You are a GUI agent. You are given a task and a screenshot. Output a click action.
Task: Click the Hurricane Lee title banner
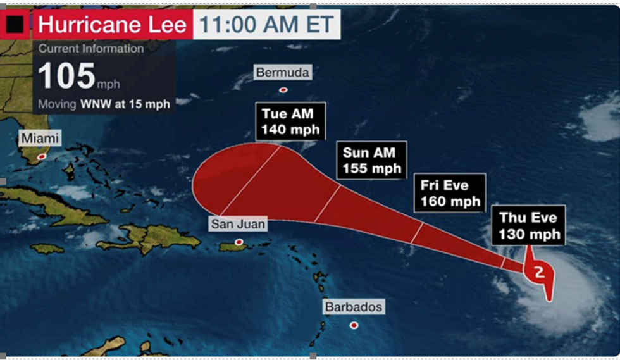[113, 25]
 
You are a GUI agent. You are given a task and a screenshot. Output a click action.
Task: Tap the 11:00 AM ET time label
[266, 25]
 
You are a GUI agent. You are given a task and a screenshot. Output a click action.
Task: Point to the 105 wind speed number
[66, 76]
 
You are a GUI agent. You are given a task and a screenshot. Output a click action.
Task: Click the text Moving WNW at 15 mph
[104, 104]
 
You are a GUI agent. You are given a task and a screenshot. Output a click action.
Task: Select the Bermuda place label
[283, 72]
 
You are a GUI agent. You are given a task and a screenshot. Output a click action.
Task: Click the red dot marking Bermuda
[283, 90]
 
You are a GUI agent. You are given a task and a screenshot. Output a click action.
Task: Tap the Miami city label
[40, 138]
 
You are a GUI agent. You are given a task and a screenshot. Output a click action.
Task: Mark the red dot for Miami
[42, 156]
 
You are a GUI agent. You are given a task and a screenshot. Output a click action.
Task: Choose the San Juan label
[238, 223]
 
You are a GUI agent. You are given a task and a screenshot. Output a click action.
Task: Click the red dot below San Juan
[239, 242]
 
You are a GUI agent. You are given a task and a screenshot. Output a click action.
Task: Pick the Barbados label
[354, 307]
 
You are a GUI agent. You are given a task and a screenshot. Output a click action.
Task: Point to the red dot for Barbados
[354, 325]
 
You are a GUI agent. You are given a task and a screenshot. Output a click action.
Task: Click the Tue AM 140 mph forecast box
[291, 122]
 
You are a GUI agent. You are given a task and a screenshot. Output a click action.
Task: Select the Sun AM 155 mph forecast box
[372, 161]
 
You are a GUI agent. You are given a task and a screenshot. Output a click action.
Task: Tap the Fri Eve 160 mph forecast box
[450, 193]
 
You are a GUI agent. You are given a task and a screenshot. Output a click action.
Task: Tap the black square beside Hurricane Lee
[15, 25]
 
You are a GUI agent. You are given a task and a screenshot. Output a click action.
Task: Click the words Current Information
[91, 49]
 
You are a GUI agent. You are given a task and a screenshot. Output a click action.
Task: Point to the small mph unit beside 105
[108, 84]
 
